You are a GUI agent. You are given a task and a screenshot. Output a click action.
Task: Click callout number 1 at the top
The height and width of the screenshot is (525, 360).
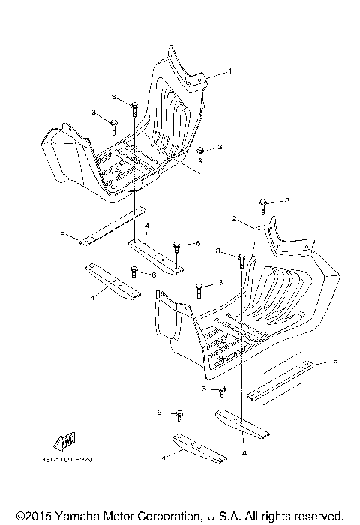(x=230, y=70)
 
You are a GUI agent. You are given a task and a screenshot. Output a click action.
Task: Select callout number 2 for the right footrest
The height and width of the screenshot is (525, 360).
(x=234, y=220)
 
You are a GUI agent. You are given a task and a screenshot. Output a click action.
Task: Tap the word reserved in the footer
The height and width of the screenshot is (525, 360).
(x=319, y=516)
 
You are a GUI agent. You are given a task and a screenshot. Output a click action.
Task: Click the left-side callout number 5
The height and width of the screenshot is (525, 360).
(x=62, y=232)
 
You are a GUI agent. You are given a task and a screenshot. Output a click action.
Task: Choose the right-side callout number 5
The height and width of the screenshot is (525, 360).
(x=335, y=361)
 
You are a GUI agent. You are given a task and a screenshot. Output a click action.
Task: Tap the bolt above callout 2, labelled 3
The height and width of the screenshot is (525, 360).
(x=264, y=203)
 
